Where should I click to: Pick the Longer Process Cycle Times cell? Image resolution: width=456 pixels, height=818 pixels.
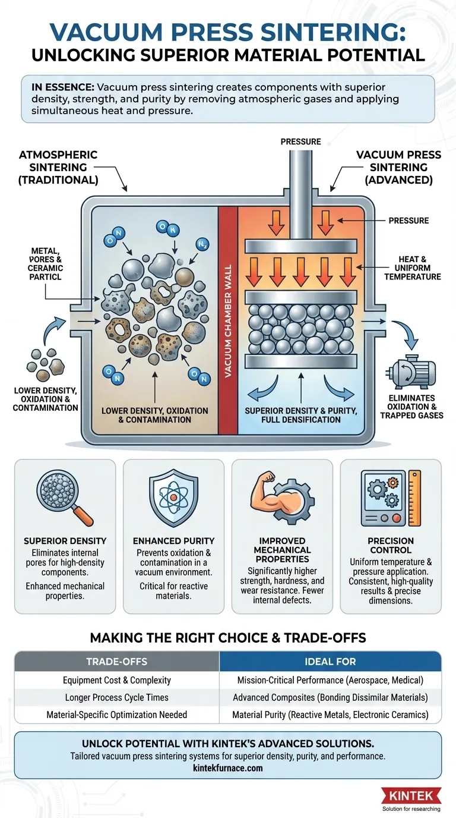pos(116,697)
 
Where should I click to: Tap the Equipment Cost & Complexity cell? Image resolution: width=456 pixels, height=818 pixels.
pos(116,680)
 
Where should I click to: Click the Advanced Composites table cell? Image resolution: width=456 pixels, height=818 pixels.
pos(330,697)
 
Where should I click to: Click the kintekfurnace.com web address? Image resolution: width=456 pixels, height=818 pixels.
pos(228,767)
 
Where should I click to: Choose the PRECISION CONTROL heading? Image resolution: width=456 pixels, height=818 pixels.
pos(390,546)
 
